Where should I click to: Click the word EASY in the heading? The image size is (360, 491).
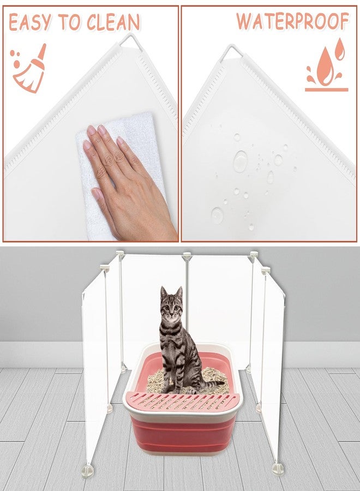pyautogui.click(x=30, y=22)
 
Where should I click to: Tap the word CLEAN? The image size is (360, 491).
pyautogui.click(x=113, y=22)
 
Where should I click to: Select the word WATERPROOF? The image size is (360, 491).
pyautogui.click(x=293, y=21)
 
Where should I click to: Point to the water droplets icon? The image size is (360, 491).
pyautogui.click(x=327, y=65)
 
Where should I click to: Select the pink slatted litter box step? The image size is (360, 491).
pyautogui.click(x=183, y=402)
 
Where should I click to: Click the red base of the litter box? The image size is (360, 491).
pyautogui.click(x=183, y=434)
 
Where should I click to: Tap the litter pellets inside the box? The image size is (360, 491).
pyautogui.click(x=188, y=380)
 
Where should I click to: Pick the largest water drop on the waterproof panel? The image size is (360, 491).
pyautogui.click(x=240, y=161)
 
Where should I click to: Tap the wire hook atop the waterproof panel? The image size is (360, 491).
pyautogui.click(x=231, y=52)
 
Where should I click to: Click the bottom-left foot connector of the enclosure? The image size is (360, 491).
pyautogui.click(x=88, y=470)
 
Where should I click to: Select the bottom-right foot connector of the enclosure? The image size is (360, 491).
pyautogui.click(x=278, y=469)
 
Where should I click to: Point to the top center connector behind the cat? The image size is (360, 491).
pyautogui.click(x=187, y=256)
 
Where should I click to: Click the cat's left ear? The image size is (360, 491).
pyautogui.click(x=163, y=292)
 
